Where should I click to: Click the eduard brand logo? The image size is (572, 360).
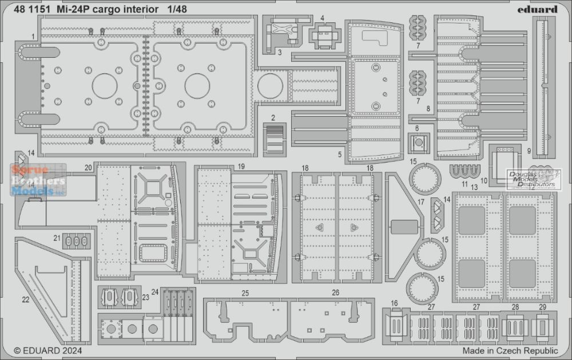[537, 9]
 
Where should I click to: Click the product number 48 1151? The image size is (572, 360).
[32, 9]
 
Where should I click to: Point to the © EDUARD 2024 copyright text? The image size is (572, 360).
[48, 351]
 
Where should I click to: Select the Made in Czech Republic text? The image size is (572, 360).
[510, 351]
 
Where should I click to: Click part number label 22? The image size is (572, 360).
[26, 300]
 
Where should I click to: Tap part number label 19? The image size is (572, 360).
[241, 167]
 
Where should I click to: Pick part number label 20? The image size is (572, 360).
[88, 168]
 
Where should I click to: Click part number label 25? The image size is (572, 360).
[245, 293]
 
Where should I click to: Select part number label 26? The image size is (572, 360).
[336, 292]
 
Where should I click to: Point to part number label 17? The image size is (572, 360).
[421, 202]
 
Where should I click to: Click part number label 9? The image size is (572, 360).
[529, 151]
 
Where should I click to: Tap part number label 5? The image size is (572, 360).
[340, 155]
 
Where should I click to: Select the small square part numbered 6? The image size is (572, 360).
[419, 143]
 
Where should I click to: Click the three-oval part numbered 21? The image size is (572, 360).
[77, 241]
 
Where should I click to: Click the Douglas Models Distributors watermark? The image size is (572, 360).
[533, 180]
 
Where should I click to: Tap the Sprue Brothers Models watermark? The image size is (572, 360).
[38, 180]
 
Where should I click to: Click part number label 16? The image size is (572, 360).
[394, 303]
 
